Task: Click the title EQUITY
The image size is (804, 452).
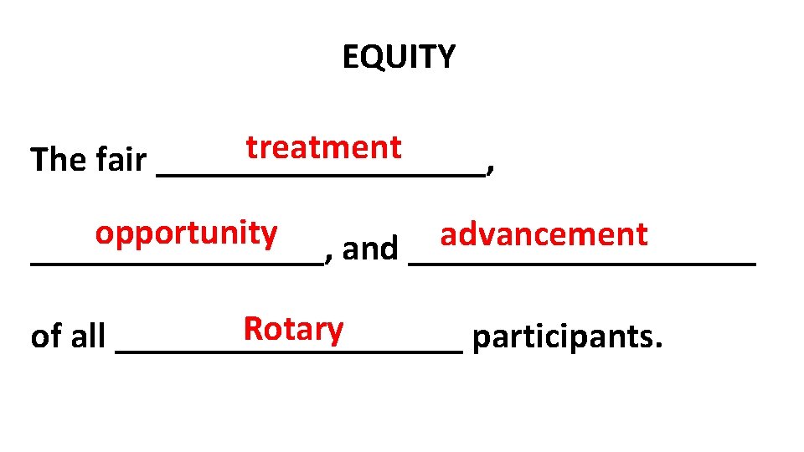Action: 399,57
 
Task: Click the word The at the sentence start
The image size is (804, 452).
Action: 55,159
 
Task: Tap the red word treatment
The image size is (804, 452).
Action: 323,147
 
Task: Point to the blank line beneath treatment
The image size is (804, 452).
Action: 321,174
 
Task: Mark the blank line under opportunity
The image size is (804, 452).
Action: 176,264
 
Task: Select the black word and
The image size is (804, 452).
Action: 370,249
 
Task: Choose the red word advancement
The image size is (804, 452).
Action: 544,234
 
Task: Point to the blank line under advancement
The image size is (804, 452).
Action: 583,264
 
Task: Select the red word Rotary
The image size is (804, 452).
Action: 293,329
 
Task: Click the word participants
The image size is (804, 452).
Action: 564,337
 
